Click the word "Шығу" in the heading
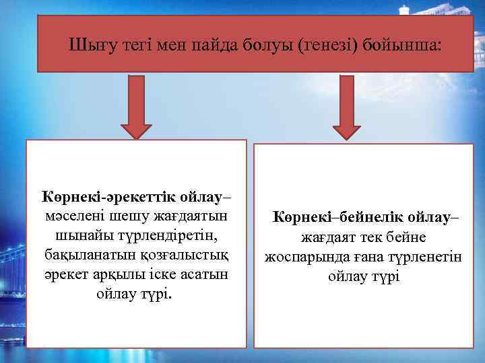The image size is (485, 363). [x=88, y=45]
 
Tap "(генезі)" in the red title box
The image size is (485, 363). [x=316, y=45]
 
